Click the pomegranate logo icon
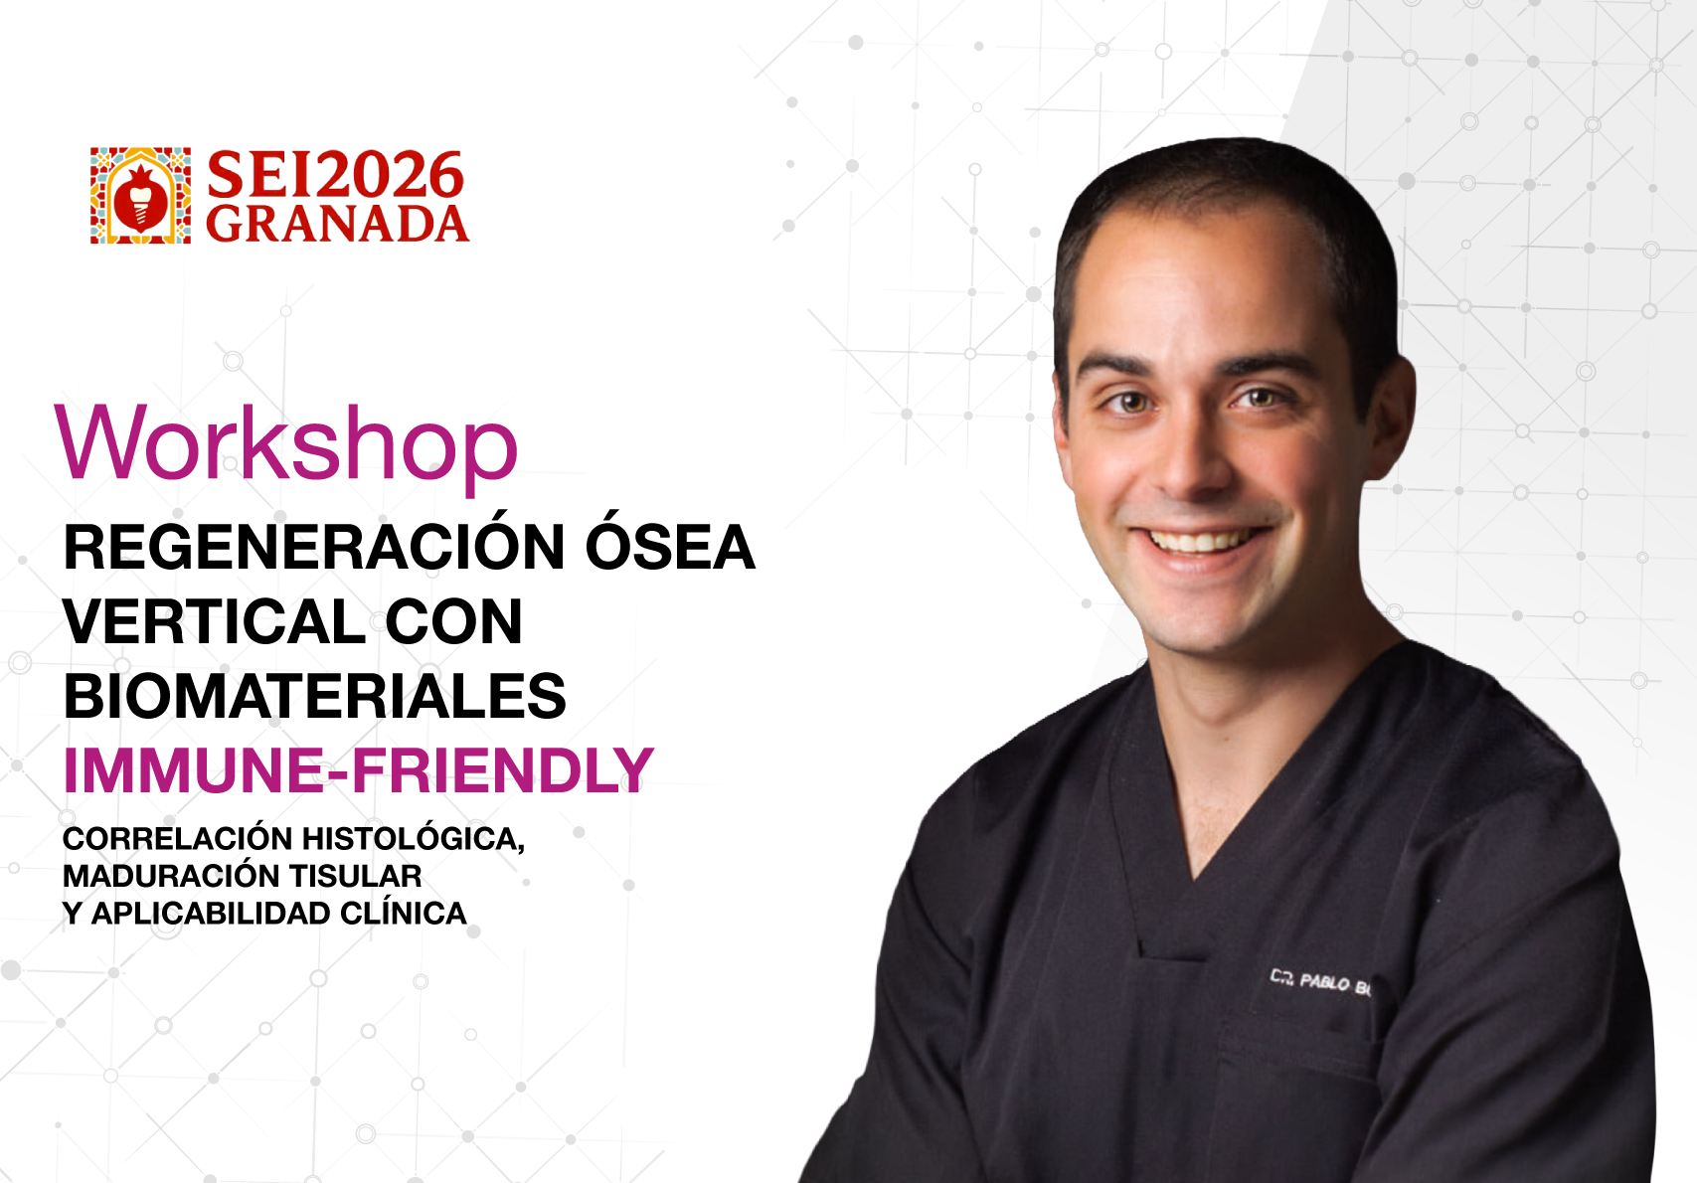tap(140, 196)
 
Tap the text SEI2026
tap(335, 175)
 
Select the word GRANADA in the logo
tap(337, 224)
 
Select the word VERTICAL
tap(215, 621)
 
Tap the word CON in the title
tap(453, 621)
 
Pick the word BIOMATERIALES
tap(314, 695)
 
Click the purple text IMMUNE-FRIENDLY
tap(358, 770)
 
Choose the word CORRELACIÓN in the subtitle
tap(177, 838)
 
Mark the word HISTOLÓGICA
tap(414, 838)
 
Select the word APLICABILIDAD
tap(212, 914)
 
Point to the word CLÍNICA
tap(403, 914)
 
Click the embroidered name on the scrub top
tap(1319, 982)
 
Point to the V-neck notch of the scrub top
tap(1195, 879)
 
